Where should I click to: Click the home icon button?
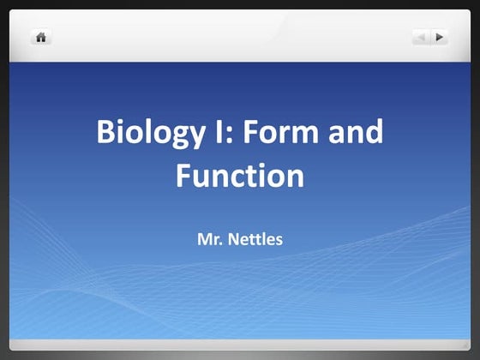point(40,37)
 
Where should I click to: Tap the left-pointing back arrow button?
point(421,37)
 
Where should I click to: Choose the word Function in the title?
point(239,176)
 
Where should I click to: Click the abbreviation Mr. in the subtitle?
point(209,231)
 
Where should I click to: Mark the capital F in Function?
point(183,176)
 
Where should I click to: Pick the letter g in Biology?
point(172,137)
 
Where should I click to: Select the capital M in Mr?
point(204,231)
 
